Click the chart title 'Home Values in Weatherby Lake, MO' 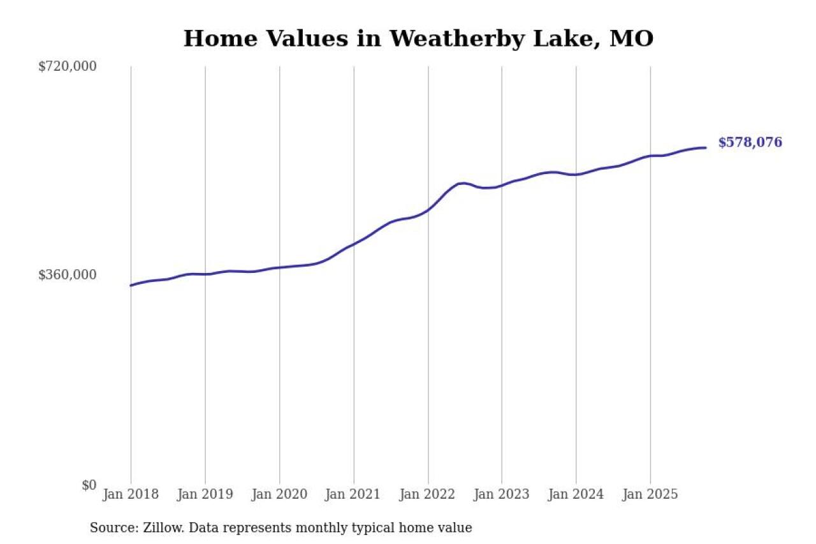pyautogui.click(x=418, y=39)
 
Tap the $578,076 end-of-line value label pyautogui.click(x=750, y=143)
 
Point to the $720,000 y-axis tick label pyautogui.click(x=68, y=66)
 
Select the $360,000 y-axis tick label pyautogui.click(x=68, y=275)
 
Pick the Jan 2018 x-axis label pyautogui.click(x=131, y=494)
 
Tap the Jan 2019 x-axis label pyautogui.click(x=205, y=494)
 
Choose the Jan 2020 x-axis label pyautogui.click(x=279, y=494)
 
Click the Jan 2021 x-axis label pyautogui.click(x=353, y=494)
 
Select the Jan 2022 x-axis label pyautogui.click(x=428, y=494)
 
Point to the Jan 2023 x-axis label pyautogui.click(x=502, y=494)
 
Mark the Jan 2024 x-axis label pyautogui.click(x=576, y=494)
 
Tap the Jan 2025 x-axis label pyautogui.click(x=650, y=494)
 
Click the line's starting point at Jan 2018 pyautogui.click(x=131, y=285)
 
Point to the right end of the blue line pyautogui.click(x=705, y=148)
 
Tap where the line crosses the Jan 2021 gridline pyautogui.click(x=354, y=244)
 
